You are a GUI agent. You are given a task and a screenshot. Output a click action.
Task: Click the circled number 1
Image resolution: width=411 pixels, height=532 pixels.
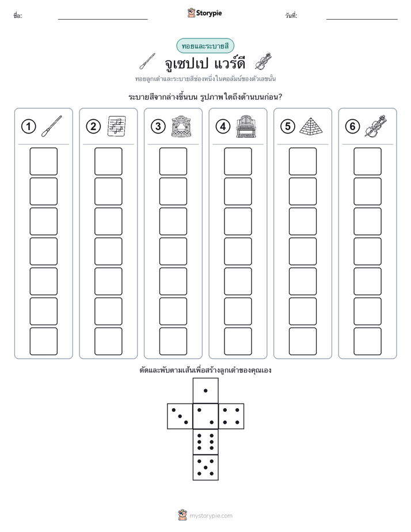click(28, 127)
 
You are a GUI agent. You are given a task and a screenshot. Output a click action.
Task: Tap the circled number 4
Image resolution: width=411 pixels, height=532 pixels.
click(223, 127)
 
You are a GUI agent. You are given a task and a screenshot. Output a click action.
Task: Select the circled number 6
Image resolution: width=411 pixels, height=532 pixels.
click(352, 127)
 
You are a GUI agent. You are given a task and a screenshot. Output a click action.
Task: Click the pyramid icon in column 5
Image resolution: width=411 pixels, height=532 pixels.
click(311, 126)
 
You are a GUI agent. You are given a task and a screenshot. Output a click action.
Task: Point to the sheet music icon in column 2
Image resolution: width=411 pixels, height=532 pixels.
click(117, 126)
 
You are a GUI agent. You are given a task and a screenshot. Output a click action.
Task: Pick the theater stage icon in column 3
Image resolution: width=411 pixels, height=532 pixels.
click(181, 126)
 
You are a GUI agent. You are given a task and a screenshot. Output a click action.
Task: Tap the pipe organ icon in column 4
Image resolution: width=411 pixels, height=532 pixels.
click(246, 126)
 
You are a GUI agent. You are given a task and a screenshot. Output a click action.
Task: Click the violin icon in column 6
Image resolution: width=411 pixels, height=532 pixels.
click(376, 126)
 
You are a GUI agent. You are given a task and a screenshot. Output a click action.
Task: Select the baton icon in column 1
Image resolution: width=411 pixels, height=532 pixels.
click(52, 126)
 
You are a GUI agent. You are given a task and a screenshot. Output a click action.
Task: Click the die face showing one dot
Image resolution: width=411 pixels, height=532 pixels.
click(205, 391)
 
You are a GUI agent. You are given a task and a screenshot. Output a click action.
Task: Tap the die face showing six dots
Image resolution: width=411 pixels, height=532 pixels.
click(205, 442)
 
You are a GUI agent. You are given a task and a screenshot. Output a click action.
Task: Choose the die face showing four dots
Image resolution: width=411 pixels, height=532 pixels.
click(231, 416)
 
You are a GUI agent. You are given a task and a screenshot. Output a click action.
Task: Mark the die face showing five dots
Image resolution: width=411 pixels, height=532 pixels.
click(205, 467)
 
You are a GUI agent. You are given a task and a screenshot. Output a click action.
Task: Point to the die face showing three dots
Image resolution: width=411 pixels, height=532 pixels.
click(180, 416)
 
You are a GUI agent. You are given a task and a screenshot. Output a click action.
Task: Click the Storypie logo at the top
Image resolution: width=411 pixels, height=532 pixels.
click(204, 13)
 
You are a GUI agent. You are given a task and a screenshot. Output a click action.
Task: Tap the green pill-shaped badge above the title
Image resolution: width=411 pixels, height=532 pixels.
click(205, 46)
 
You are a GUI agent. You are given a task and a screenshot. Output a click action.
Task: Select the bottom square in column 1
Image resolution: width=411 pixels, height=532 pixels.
click(43, 341)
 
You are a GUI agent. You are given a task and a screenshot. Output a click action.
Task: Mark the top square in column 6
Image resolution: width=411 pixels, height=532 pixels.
click(368, 161)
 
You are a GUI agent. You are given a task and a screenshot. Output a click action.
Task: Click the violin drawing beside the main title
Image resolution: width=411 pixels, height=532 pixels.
click(264, 62)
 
